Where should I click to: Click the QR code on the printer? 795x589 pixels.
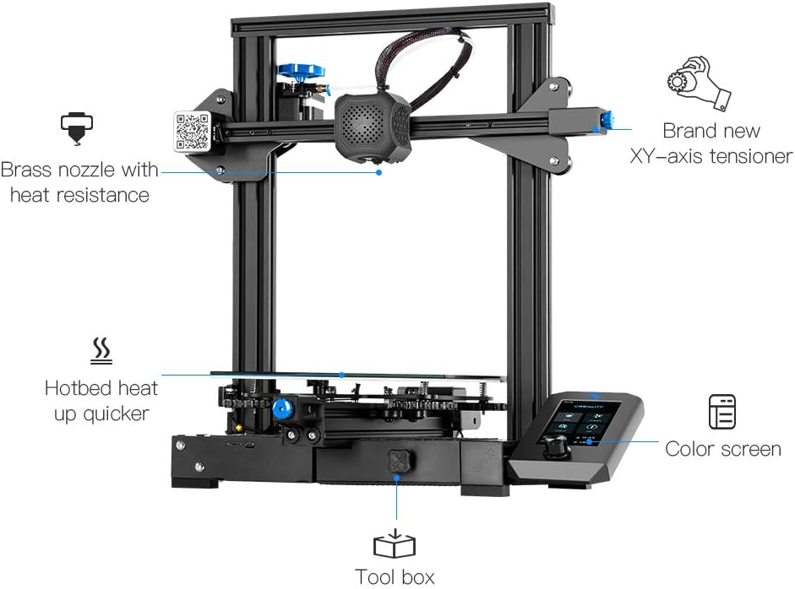pyautogui.click(x=192, y=131)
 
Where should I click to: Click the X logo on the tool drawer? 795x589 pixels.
pyautogui.click(x=396, y=462)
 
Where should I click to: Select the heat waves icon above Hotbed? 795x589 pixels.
pyautogui.click(x=101, y=351)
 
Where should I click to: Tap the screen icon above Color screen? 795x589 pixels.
pyautogui.click(x=722, y=412)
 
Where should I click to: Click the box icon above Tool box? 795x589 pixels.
pyautogui.click(x=395, y=545)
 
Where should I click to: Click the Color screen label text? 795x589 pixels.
pyautogui.click(x=723, y=449)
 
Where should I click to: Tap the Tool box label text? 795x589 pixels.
pyautogui.click(x=395, y=577)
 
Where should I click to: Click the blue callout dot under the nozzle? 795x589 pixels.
pyautogui.click(x=379, y=172)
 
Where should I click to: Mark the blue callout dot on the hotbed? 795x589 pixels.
pyautogui.click(x=342, y=374)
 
